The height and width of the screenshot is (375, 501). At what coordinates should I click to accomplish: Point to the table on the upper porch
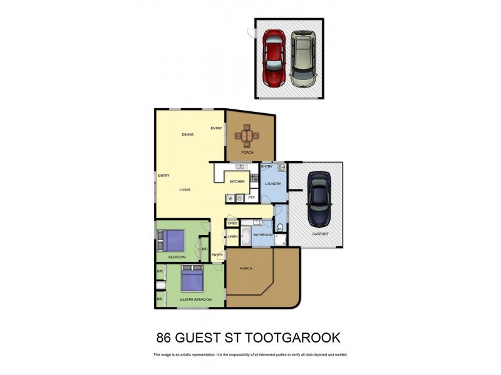(249, 136)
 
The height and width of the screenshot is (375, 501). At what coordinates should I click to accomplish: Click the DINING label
(187, 134)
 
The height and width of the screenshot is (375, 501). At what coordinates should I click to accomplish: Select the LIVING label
(185, 189)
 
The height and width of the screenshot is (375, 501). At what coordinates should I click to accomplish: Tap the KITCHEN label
(237, 181)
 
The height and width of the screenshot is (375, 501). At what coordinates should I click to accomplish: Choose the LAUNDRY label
(273, 184)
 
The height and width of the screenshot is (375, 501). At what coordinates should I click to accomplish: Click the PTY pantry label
(251, 198)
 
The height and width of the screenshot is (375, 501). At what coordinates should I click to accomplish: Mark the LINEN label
(232, 237)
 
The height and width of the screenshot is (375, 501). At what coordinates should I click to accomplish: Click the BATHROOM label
(263, 235)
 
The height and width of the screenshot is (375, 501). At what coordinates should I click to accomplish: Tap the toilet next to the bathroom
(280, 227)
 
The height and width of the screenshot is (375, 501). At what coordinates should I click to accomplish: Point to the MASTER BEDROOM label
(195, 300)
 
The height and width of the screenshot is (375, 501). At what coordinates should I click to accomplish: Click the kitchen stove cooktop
(254, 178)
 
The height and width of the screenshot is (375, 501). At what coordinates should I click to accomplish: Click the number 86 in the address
(165, 338)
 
